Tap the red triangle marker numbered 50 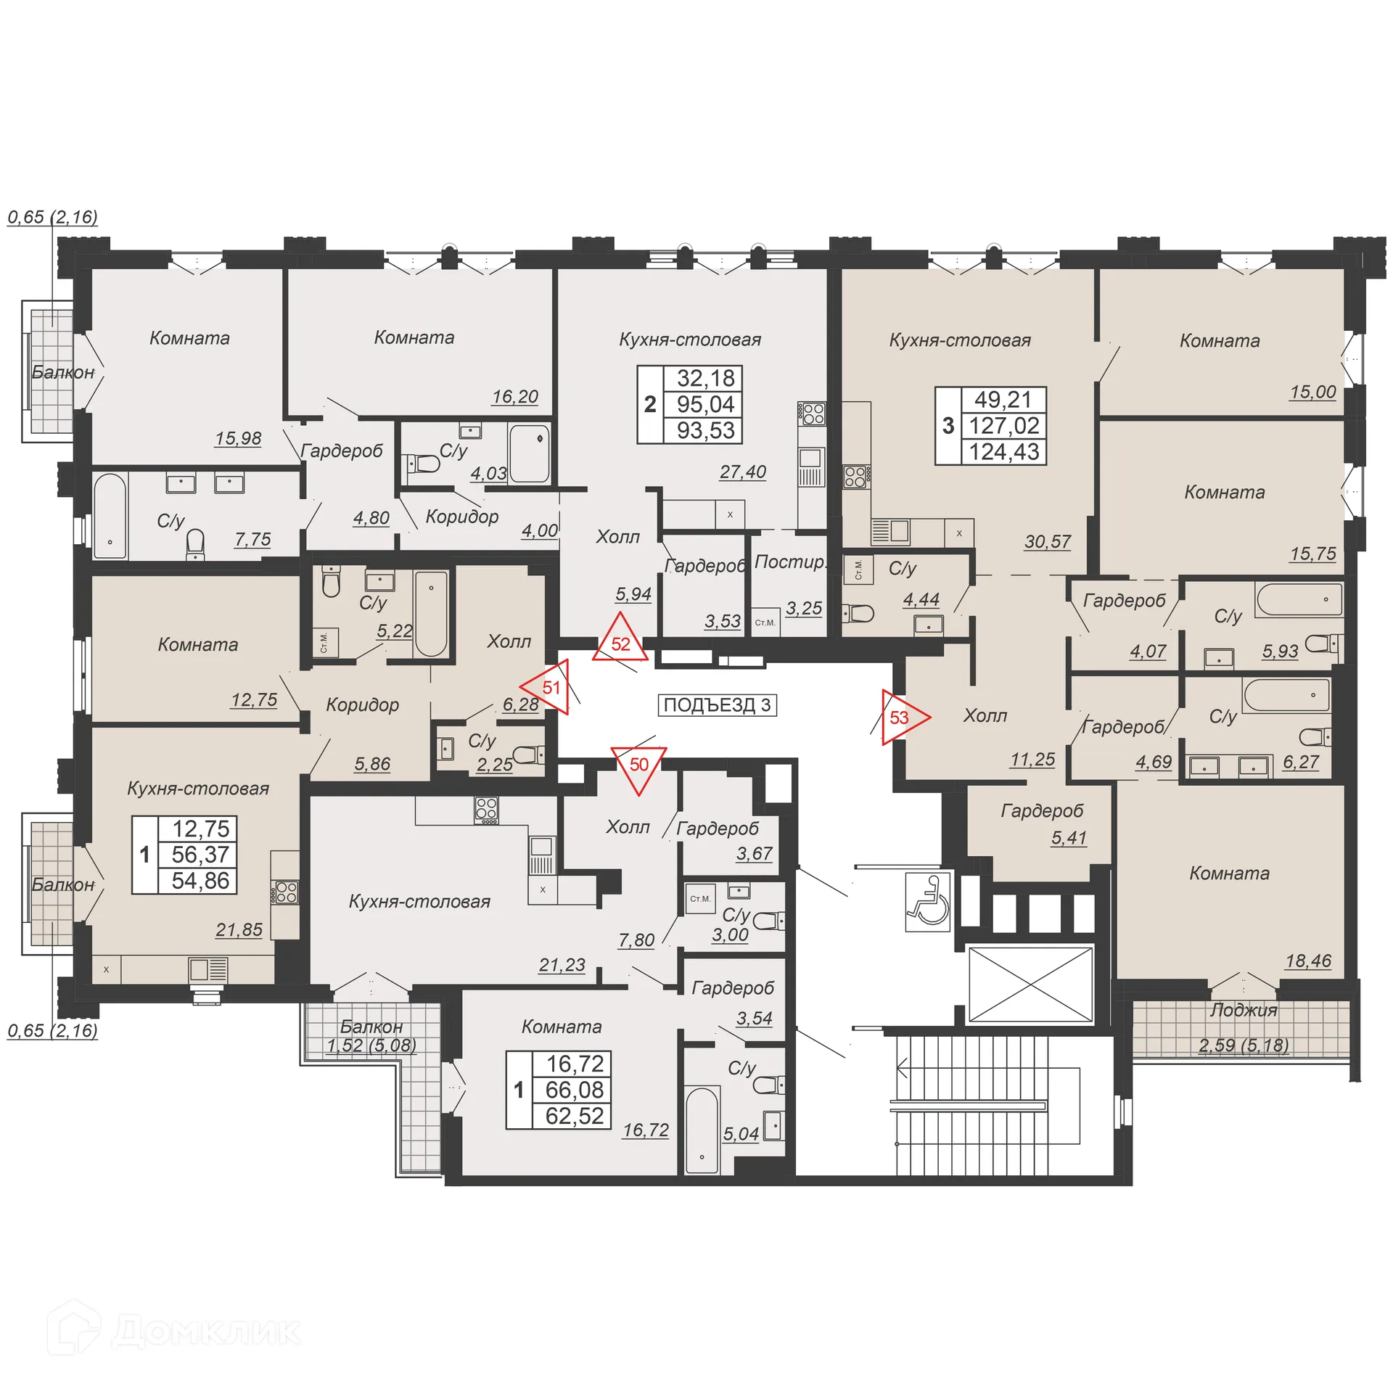pos(638,766)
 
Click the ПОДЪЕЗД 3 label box pos(717,705)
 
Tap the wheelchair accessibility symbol pos(928,902)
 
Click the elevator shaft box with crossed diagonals pos(1030,985)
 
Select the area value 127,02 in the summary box pos(1004,426)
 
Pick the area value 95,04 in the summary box pos(705,404)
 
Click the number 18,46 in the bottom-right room pos(1307,961)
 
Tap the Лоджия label pos(1243,1011)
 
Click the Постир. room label pos(789,562)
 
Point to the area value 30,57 pos(1047,541)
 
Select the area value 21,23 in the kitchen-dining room pos(562,965)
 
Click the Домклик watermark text pos(206,1332)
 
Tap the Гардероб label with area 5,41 pos(1042,811)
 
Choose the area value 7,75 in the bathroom pos(252,539)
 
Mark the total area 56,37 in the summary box pos(200,855)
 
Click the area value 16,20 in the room pos(514,397)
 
